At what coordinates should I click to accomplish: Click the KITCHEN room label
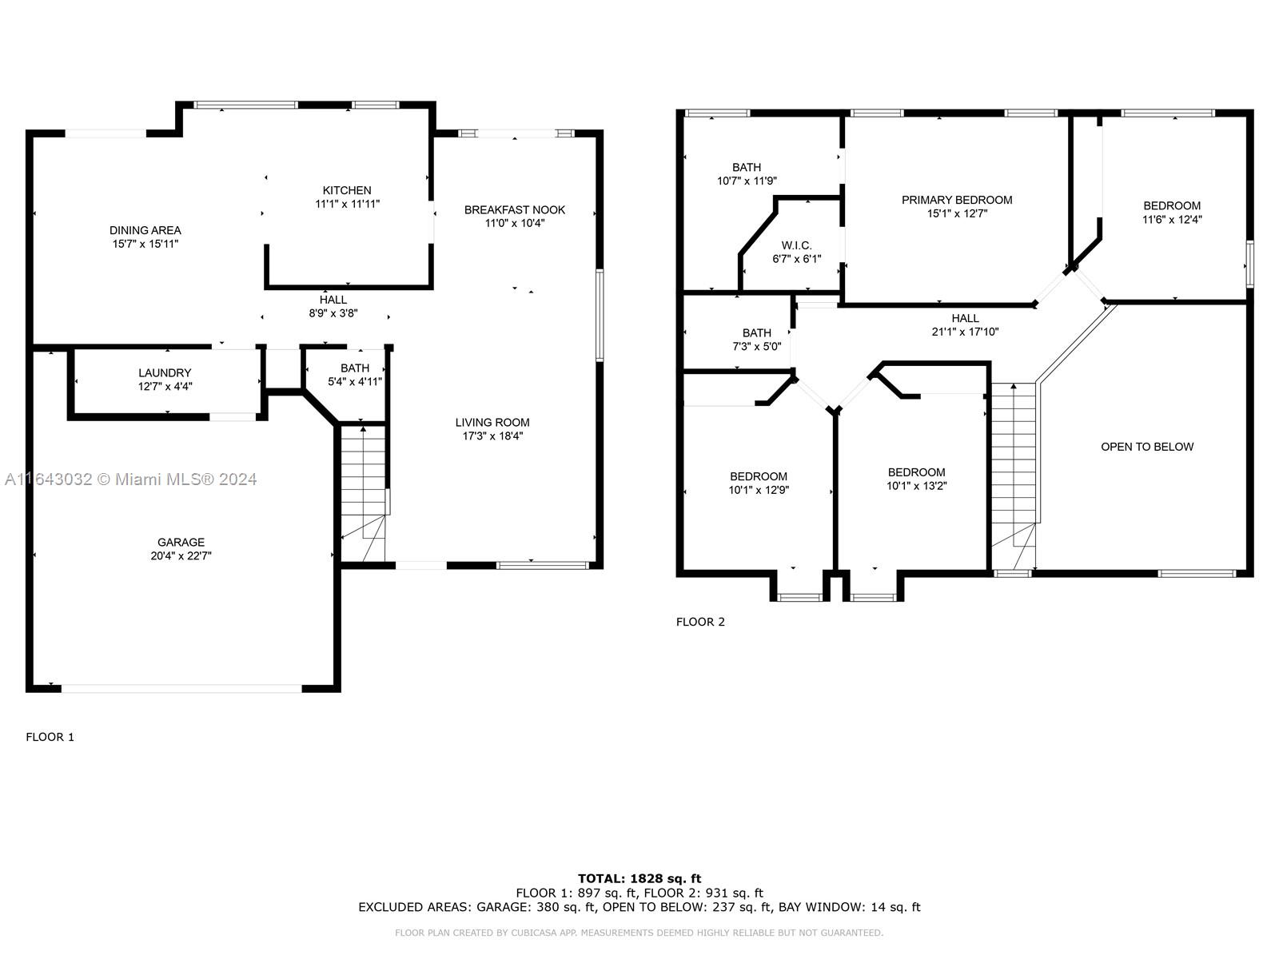coord(347,190)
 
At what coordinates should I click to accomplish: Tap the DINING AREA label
coord(145,231)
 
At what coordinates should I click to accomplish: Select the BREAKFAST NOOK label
coord(515,209)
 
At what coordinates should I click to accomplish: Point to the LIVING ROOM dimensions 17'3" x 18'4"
coord(492,436)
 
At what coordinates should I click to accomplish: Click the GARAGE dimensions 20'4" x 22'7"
coord(181,555)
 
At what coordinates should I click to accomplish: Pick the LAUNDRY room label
coord(165,372)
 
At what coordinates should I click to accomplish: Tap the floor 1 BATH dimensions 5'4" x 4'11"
coord(355,381)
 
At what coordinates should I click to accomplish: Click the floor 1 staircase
coord(363,494)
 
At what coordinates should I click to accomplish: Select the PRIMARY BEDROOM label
coord(957,201)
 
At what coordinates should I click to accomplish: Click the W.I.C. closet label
coord(796,245)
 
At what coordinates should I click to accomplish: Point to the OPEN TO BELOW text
coord(1147,447)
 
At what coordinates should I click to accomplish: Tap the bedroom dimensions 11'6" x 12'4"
coord(1172,220)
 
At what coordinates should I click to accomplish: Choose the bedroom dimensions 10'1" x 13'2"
coord(917,486)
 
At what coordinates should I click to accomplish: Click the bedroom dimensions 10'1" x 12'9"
coord(759,490)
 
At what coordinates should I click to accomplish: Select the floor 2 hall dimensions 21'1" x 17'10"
coord(965,332)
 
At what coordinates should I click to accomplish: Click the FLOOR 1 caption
coord(50,737)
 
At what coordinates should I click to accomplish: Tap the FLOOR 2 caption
coord(700,622)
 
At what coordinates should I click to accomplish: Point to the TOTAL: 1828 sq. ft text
coord(639,878)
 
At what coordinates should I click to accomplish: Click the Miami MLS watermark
coord(130,479)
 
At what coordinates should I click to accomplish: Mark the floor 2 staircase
coord(1014,476)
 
